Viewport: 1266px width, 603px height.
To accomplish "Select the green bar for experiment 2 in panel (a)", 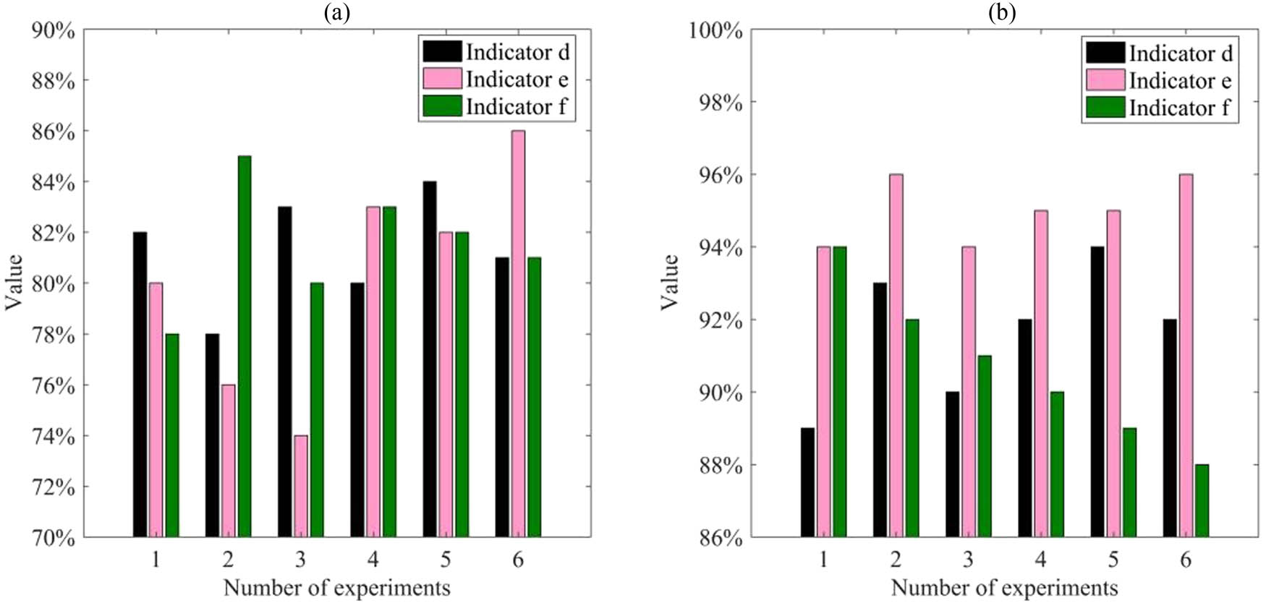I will coord(245,346).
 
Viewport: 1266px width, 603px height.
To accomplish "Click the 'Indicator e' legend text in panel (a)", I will coord(517,79).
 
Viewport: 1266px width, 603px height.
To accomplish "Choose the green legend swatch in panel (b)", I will coord(1105,108).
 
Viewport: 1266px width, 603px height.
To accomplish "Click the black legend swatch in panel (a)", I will coord(442,51).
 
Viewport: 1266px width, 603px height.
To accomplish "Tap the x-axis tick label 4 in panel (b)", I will coord(1040,560).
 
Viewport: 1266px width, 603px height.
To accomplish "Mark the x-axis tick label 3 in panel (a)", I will coord(300,560).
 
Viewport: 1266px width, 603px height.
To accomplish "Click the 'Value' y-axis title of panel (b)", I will coord(671,282).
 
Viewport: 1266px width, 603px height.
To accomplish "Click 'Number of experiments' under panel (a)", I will coord(336,588).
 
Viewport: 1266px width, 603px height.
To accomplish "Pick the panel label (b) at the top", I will coord(1003,12).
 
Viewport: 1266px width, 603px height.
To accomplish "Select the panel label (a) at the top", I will coord(337,12).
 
